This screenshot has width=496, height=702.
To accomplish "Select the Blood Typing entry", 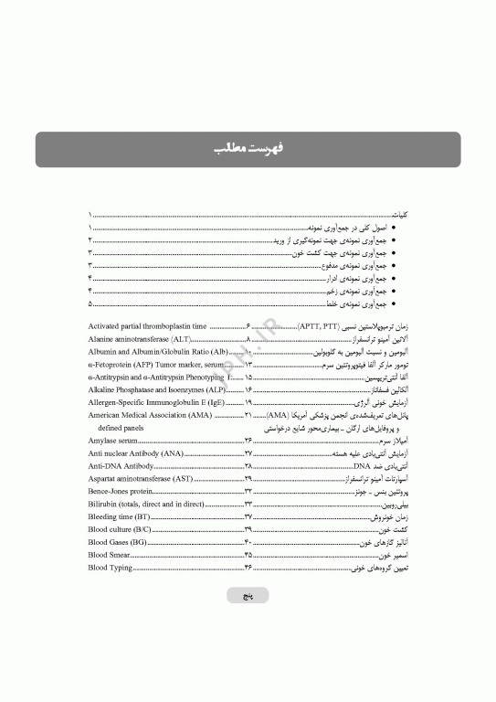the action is pyautogui.click(x=111, y=568).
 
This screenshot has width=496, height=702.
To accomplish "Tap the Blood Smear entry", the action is pyautogui.click(x=111, y=555).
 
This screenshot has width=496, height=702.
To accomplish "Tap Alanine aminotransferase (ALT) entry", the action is pyautogui.click(x=138, y=338).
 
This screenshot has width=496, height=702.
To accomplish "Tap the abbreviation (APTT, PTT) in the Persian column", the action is pyautogui.click(x=320, y=325).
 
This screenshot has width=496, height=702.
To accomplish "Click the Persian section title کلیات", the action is pyautogui.click(x=399, y=212).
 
